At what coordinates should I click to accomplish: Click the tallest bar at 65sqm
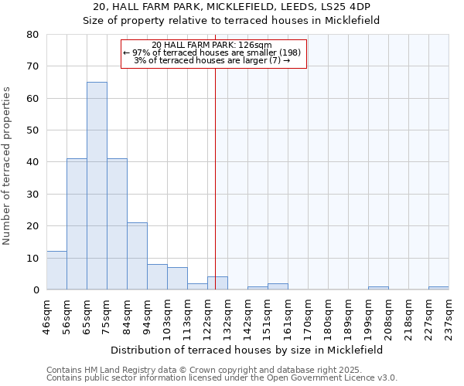(x=97, y=185)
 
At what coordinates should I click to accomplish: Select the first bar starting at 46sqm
(x=56, y=270)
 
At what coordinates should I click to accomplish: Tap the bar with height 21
(x=137, y=256)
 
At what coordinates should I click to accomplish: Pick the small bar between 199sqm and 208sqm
(x=378, y=288)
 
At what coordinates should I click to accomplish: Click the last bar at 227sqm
(x=438, y=288)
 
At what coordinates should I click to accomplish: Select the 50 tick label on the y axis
(x=32, y=130)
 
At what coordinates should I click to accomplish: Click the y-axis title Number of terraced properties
(x=8, y=166)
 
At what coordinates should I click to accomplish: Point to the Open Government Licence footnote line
(x=222, y=378)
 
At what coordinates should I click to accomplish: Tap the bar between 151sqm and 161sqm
(x=278, y=286)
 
